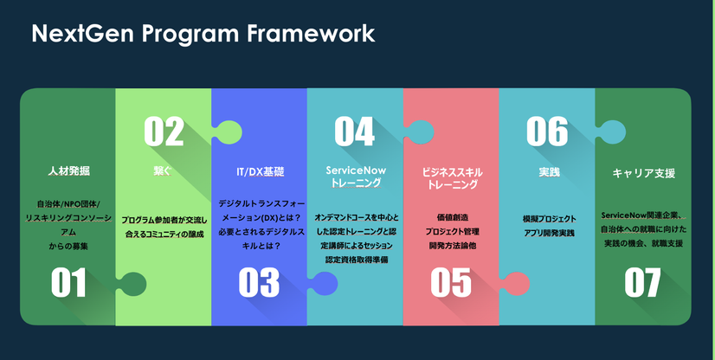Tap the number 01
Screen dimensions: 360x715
tap(68, 283)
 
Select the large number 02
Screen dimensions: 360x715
tap(164, 132)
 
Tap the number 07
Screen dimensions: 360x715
tap(642, 283)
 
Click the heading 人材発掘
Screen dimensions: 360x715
tap(68, 171)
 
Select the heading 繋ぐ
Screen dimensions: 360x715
tap(163, 171)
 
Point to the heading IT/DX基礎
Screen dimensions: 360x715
tap(260, 171)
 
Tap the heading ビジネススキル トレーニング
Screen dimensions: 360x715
tap(450, 177)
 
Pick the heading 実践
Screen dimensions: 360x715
tap(546, 171)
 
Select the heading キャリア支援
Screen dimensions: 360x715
tap(643, 172)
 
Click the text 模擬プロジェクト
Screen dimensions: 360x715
tap(546, 219)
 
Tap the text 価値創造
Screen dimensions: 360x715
tap(450, 219)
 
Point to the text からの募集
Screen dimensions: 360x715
tap(68, 247)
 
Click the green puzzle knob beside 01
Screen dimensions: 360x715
tap(131, 283)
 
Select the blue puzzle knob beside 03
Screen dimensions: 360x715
tap(323, 283)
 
